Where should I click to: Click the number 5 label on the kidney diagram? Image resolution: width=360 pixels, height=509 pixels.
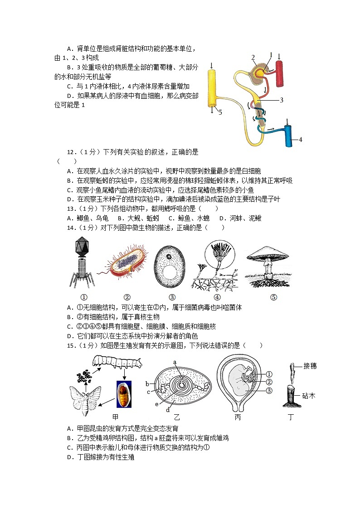click(x=220, y=112)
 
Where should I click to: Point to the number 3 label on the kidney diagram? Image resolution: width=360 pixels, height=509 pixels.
click(x=281, y=100)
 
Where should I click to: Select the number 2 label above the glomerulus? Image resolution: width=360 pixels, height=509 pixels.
click(x=253, y=57)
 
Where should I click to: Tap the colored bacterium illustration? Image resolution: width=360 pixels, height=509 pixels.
click(x=127, y=264)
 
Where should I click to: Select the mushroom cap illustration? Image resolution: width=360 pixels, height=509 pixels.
click(x=268, y=257)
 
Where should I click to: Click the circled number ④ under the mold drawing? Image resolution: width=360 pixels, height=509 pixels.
click(x=217, y=297)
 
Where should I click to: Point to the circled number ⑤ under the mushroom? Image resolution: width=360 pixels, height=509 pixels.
click(x=273, y=297)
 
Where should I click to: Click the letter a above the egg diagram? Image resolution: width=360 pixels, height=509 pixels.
click(x=174, y=362)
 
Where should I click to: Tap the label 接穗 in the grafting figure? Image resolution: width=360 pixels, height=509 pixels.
click(x=310, y=366)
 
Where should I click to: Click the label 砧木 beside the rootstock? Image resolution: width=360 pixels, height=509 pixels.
click(x=308, y=396)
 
